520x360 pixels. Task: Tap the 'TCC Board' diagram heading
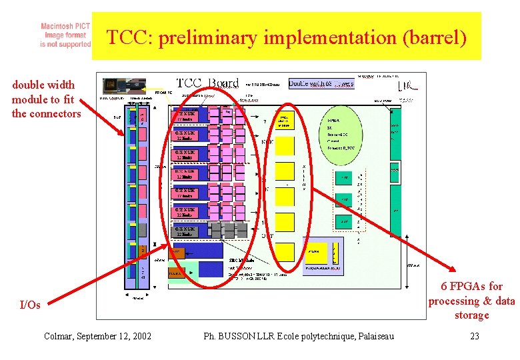point(207,83)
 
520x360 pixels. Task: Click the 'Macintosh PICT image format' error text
point(65,33)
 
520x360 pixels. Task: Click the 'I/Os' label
point(30,305)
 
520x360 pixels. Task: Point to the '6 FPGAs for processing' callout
point(471,300)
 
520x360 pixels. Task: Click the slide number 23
point(475,336)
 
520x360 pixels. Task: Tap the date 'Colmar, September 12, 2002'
point(97,336)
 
